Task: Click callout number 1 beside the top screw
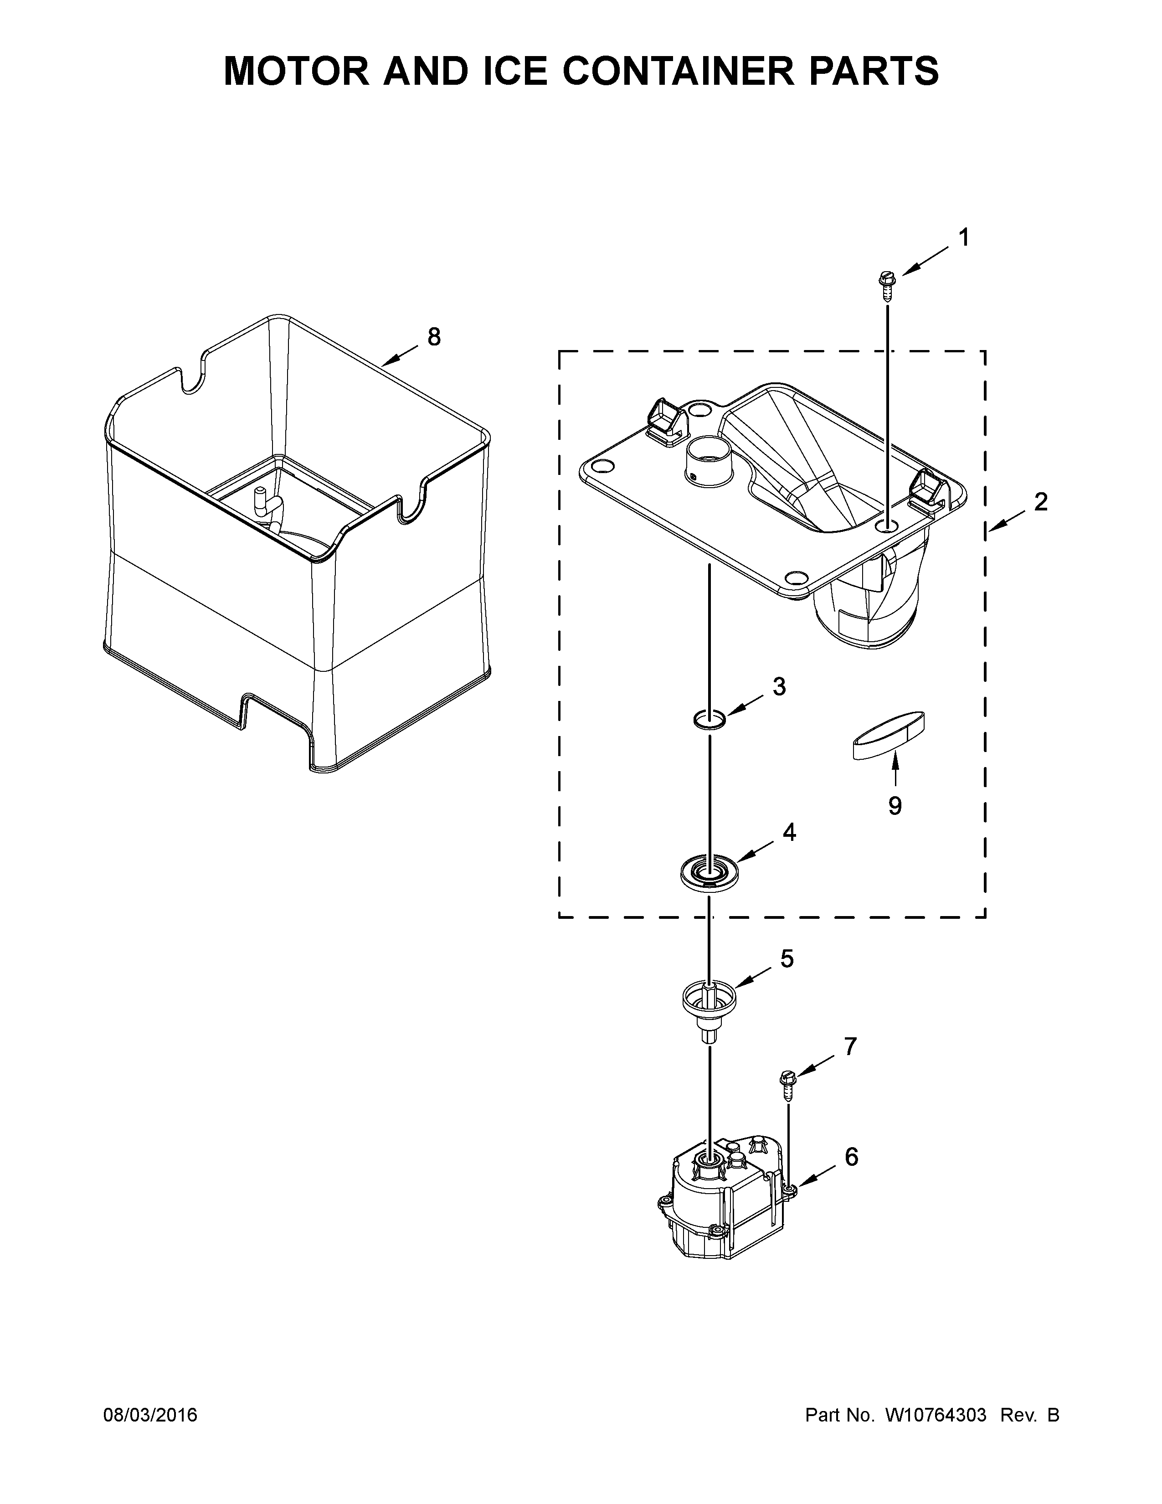click(964, 238)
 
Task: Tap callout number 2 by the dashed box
click(1040, 502)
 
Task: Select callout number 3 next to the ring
click(779, 686)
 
